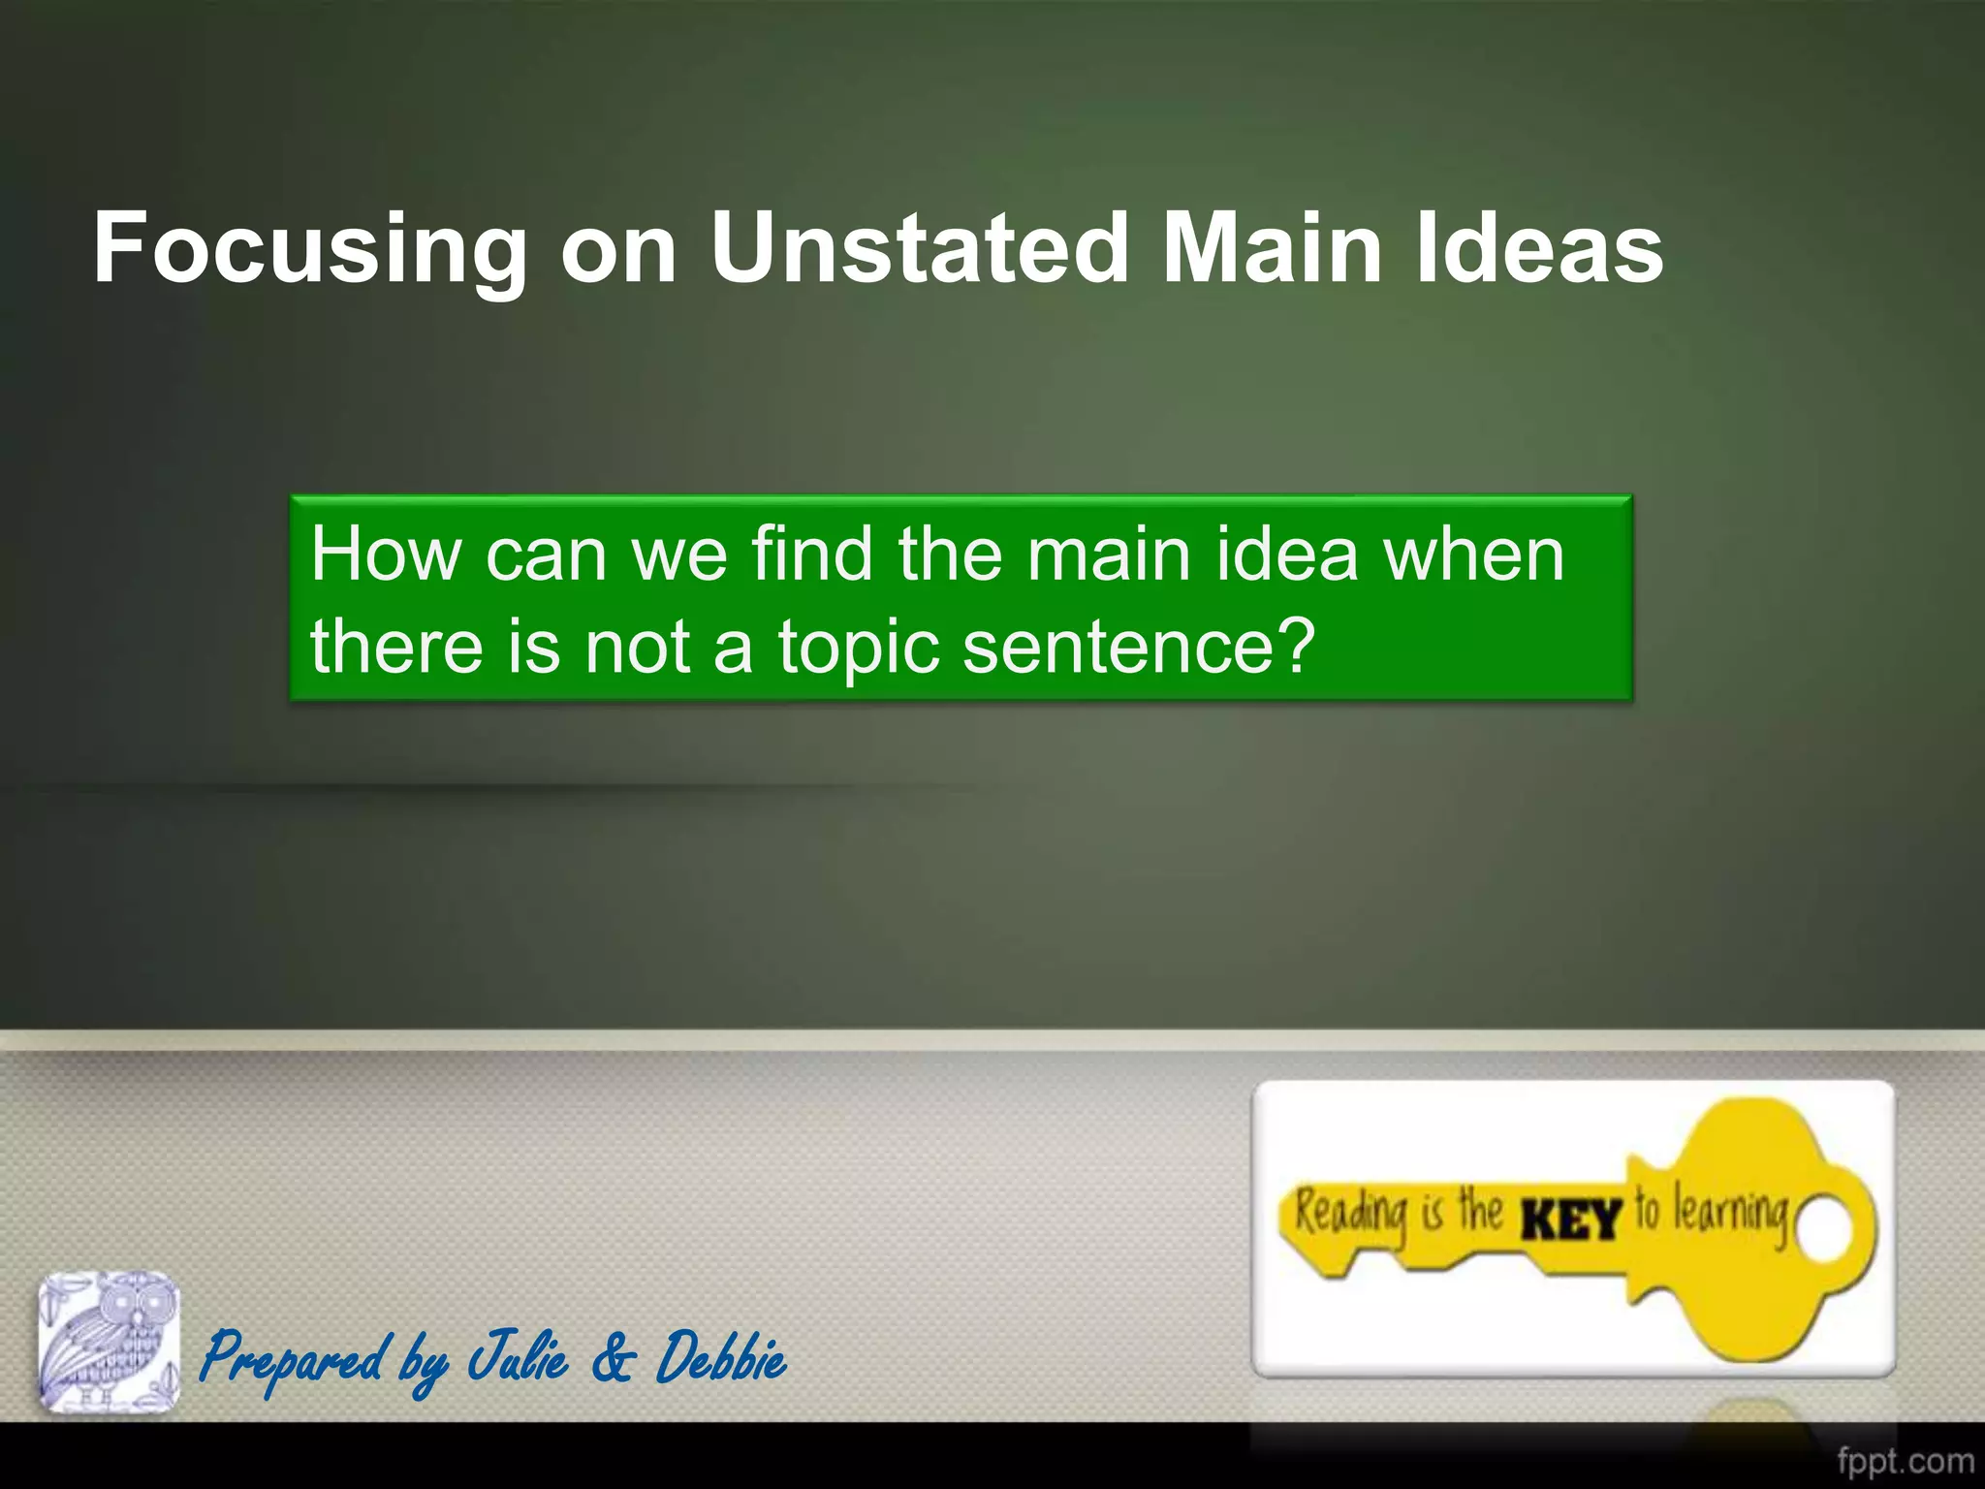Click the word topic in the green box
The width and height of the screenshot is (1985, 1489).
pos(859,648)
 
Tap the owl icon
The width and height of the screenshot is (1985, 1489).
pos(109,1342)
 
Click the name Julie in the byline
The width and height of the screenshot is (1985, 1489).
pos(518,1357)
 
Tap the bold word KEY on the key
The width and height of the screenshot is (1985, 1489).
pos(1571,1220)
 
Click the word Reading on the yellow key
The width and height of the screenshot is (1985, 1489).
pos(1351,1214)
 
